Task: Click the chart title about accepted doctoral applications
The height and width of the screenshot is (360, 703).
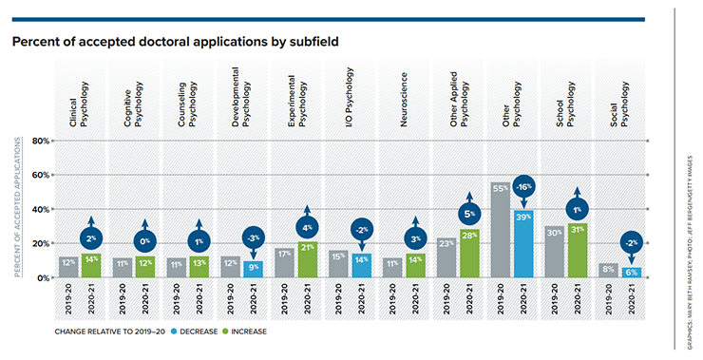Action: tap(175, 43)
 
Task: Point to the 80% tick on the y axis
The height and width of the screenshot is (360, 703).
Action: tap(41, 141)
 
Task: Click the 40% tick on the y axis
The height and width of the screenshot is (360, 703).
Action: tap(41, 209)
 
